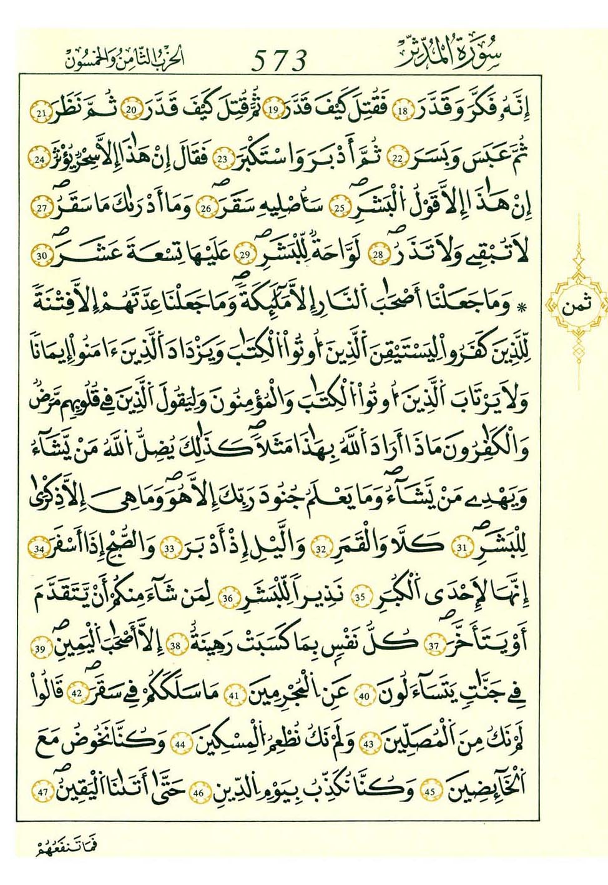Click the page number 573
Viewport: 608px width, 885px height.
pos(280,60)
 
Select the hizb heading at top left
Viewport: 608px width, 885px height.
pos(125,58)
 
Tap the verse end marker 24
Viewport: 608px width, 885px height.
pos(40,160)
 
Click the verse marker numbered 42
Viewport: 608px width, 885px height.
pos(77,694)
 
